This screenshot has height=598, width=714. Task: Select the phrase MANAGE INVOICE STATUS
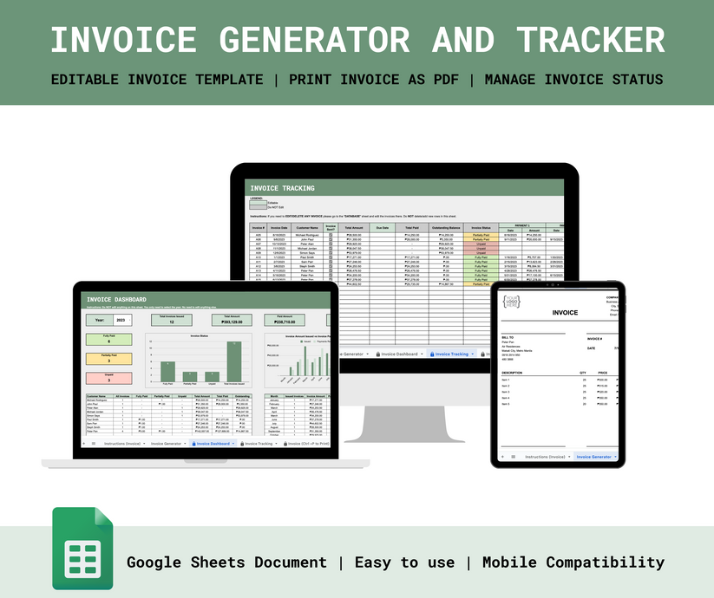573,80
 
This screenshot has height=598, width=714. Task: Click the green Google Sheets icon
82,548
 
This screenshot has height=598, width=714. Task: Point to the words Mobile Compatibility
573,562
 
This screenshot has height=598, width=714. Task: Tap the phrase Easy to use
404,562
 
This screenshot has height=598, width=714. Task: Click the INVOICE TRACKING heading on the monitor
282,188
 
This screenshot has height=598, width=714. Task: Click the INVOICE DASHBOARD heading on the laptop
115,300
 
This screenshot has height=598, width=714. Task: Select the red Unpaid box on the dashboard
108,375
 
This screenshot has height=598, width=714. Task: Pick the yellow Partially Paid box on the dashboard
108,356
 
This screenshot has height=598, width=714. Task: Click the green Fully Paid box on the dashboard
108,338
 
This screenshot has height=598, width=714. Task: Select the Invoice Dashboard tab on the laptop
213,443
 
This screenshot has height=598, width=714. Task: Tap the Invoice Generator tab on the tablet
594,456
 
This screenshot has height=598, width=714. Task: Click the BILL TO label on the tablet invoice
508,339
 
